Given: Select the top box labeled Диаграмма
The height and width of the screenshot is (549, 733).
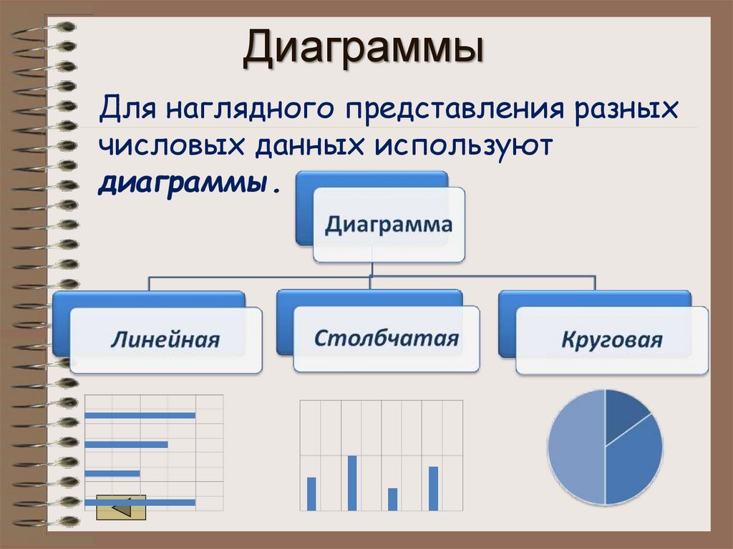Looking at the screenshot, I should [389, 225].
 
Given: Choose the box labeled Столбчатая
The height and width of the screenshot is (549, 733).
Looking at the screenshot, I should [387, 339].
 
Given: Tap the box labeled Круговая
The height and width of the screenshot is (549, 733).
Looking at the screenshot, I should [611, 339].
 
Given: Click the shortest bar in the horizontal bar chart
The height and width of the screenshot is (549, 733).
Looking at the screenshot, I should [112, 473].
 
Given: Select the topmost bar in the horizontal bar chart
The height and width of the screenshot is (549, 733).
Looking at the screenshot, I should [140, 415].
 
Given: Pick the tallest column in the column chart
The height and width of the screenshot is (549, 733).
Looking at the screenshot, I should [352, 483].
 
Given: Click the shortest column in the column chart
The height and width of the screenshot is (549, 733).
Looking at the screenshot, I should [392, 499].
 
